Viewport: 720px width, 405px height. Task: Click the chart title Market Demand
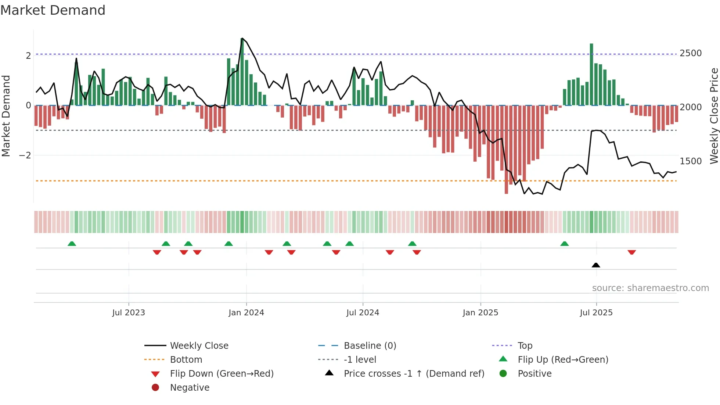[x=53, y=10]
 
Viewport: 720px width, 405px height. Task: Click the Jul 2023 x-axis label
[x=129, y=313]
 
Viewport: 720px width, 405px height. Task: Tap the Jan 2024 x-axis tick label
[x=246, y=313]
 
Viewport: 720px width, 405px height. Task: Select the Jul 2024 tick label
[x=363, y=313]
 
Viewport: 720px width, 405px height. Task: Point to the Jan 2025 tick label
[x=480, y=313]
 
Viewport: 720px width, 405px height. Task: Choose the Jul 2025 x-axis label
[x=596, y=313]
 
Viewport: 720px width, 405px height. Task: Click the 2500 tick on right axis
[x=691, y=53]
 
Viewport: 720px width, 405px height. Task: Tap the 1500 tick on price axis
[x=691, y=161]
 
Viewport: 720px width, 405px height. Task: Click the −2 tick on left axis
[x=25, y=155]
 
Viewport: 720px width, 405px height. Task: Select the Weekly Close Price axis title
[x=714, y=116]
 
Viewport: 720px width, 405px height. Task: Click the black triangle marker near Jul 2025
[x=596, y=265]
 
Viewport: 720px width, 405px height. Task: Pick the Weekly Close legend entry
[x=199, y=346]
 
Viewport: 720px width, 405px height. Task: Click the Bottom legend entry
[x=186, y=360]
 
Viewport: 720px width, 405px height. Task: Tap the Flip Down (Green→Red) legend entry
[x=222, y=374]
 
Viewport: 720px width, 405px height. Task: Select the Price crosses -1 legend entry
[x=414, y=374]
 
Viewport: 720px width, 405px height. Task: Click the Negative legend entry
[x=190, y=388]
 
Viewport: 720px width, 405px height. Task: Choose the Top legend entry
[x=525, y=346]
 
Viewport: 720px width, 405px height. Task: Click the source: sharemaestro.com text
[x=650, y=288]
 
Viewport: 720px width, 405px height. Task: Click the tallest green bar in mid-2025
[x=591, y=74]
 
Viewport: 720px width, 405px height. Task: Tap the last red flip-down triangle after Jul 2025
[x=631, y=252]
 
